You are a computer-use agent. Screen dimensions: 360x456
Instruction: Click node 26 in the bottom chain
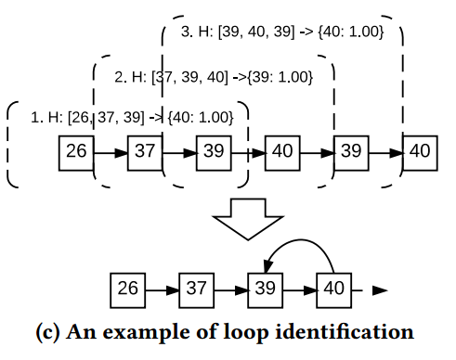[127, 289]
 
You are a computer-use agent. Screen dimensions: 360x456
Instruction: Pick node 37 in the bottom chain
[196, 289]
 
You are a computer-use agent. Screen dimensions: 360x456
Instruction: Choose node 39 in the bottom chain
[265, 289]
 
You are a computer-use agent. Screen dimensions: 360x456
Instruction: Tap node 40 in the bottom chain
[333, 289]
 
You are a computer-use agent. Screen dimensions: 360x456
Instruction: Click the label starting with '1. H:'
[138, 117]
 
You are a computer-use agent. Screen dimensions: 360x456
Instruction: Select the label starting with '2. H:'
[213, 76]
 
